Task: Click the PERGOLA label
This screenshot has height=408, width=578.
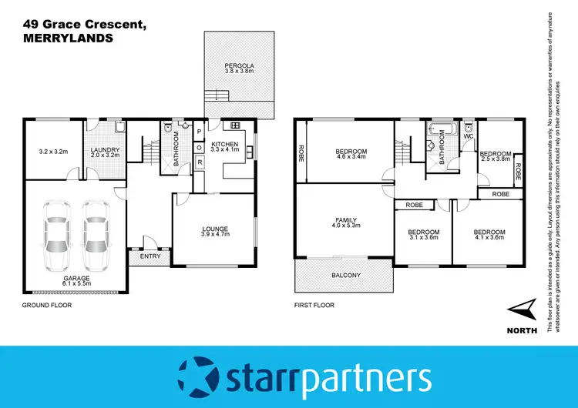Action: (x=240, y=65)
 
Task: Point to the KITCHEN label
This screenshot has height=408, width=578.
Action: (x=225, y=145)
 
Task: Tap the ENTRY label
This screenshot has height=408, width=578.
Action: (x=150, y=256)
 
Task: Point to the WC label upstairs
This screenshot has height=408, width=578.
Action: (x=468, y=136)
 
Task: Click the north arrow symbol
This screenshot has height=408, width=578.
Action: (x=523, y=310)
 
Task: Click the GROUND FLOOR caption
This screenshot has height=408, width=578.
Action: (x=47, y=306)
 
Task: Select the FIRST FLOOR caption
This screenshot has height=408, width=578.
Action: (x=314, y=306)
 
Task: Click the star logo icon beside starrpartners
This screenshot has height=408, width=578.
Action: (x=198, y=377)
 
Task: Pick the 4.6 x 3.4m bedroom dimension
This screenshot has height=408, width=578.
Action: (x=351, y=156)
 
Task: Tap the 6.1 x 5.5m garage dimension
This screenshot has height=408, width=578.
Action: (x=77, y=283)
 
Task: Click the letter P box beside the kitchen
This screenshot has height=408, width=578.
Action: (x=198, y=131)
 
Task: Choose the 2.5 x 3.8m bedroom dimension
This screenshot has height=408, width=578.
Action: (x=496, y=160)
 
